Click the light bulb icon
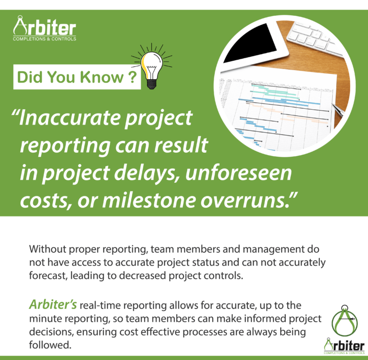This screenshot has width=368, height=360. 152,67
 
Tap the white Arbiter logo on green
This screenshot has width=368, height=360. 44,29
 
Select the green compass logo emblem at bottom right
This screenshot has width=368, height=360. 344,320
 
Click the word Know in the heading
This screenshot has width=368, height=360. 101,77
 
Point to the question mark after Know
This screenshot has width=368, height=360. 132,77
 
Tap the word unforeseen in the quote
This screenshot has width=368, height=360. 239,173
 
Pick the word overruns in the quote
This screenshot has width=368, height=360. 245,201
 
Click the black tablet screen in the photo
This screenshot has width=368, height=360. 250,43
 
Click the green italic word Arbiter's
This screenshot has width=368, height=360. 53,304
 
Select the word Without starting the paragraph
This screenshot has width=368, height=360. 48,249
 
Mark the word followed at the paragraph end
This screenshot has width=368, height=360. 50,345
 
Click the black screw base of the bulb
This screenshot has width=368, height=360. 151,84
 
